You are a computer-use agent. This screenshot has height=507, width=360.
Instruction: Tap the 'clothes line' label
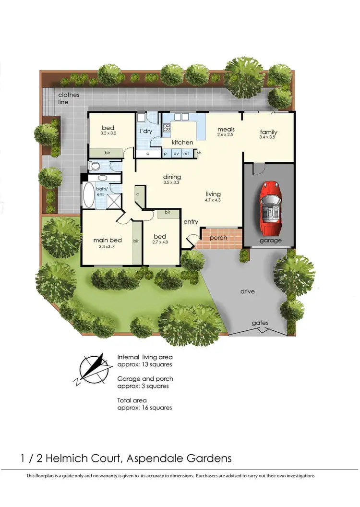66,98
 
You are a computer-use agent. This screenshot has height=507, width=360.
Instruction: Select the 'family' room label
268,132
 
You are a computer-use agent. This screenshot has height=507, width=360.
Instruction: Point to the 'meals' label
226,129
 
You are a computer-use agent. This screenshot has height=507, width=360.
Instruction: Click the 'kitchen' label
182,142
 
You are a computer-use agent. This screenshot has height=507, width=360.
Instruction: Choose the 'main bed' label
108,240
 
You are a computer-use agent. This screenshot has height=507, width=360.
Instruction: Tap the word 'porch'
218,238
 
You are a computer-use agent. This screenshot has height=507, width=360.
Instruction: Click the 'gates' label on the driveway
260,323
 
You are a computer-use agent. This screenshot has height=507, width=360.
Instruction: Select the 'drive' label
248,291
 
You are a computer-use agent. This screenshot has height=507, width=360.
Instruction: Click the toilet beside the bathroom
95,167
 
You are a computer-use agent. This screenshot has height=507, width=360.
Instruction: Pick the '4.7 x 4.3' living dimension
213,200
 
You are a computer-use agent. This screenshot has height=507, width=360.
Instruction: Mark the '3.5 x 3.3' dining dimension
171,182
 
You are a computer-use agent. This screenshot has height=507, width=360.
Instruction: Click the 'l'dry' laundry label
146,131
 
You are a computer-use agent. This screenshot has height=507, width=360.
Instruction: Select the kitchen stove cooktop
168,128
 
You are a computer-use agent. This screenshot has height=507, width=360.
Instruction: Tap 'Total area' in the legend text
132,400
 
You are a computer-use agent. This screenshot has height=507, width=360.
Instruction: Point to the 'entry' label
191,221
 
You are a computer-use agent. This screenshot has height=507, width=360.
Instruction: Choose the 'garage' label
270,240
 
